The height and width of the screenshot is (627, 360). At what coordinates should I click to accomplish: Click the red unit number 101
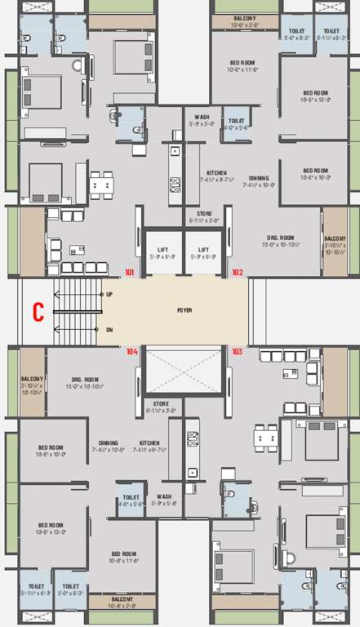click(x=129, y=272)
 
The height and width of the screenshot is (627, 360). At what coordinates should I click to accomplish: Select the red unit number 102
click(x=238, y=272)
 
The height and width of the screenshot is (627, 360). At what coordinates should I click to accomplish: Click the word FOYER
click(x=184, y=311)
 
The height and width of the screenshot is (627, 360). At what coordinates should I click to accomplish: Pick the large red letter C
click(x=38, y=311)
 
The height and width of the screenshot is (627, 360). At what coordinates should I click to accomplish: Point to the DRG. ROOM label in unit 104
click(x=85, y=379)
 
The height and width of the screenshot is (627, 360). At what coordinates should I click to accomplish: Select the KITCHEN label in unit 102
click(x=216, y=173)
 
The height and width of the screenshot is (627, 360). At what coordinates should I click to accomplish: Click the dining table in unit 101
click(x=102, y=185)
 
